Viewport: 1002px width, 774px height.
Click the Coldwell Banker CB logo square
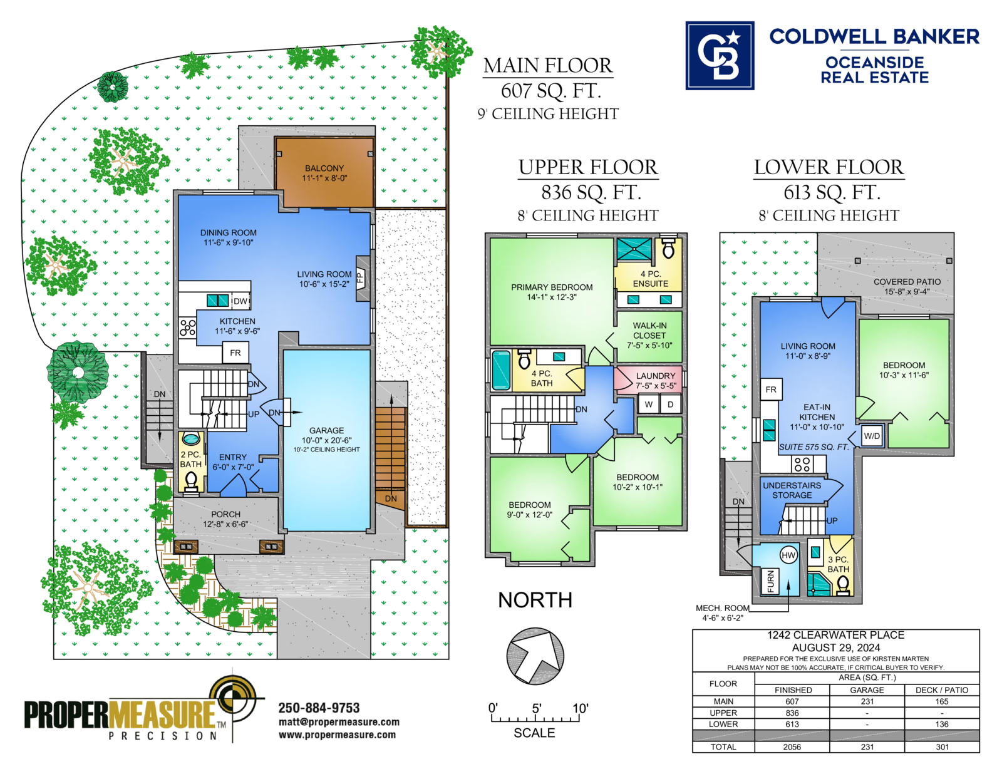(720, 55)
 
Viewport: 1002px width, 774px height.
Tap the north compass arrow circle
(535, 656)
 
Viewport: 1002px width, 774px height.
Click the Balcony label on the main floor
(324, 173)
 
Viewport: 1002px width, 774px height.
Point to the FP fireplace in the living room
(362, 279)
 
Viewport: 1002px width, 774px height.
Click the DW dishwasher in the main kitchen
(240, 301)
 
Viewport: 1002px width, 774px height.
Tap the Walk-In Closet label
(649, 335)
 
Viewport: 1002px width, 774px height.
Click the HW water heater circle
(788, 555)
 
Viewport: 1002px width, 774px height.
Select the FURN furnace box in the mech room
(770, 581)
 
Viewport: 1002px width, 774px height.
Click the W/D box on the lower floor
(872, 436)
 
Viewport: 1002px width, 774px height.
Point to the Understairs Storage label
(792, 490)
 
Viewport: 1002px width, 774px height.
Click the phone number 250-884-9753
(319, 708)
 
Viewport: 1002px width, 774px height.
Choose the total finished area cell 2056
(792, 747)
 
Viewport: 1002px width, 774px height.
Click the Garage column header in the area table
(867, 690)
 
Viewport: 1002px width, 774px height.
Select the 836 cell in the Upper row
(792, 713)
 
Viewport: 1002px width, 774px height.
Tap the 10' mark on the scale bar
(580, 708)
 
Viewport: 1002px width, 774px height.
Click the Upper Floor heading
(588, 167)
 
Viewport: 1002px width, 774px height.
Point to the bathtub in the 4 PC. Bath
(501, 370)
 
